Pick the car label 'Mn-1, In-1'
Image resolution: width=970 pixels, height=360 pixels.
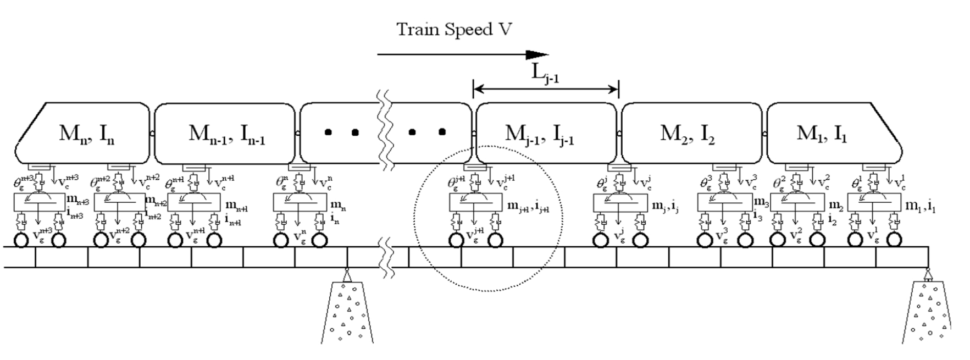(x=226, y=134)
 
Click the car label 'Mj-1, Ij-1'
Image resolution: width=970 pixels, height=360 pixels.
(x=547, y=134)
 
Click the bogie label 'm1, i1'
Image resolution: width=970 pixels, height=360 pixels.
(x=920, y=206)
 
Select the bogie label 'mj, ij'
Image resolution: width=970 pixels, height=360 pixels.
(x=664, y=206)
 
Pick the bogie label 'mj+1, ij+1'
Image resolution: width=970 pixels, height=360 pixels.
(x=528, y=206)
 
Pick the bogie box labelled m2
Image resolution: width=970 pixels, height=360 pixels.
(x=797, y=203)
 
